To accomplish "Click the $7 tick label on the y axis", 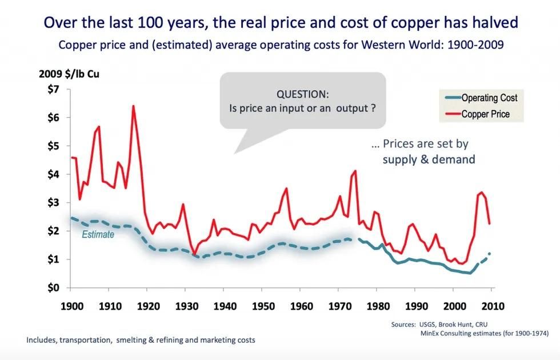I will (x=53, y=89).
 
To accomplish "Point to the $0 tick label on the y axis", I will (x=53, y=287).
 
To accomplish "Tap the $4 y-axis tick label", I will (x=53, y=174).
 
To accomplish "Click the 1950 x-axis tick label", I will (x=262, y=306).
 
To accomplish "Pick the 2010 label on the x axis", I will (x=493, y=306).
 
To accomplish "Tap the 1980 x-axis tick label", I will (x=377, y=306).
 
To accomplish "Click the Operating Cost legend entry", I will (x=489, y=98).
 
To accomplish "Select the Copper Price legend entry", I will (x=485, y=114).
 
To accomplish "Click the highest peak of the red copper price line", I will (x=133, y=106).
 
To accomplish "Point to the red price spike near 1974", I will (x=355, y=171).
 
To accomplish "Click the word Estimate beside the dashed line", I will (x=98, y=234).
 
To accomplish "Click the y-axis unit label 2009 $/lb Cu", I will (x=69, y=74).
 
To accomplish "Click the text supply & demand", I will (x=429, y=159).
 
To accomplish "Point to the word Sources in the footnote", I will (x=403, y=324).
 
